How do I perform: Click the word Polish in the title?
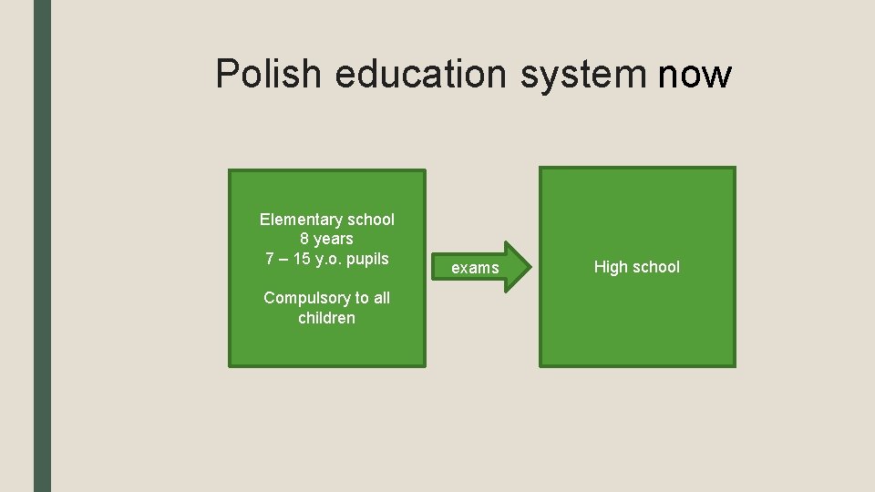pos(268,74)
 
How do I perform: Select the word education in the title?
pos(421,74)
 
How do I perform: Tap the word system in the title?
pos(583,74)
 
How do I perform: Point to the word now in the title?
pos(694,74)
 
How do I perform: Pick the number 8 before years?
pos(304,239)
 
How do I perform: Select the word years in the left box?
pos(334,239)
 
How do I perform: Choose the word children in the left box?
pos(326,318)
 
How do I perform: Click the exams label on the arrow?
pos(476,268)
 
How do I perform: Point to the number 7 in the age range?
pos(271,259)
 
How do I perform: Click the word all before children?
pos(380,298)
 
